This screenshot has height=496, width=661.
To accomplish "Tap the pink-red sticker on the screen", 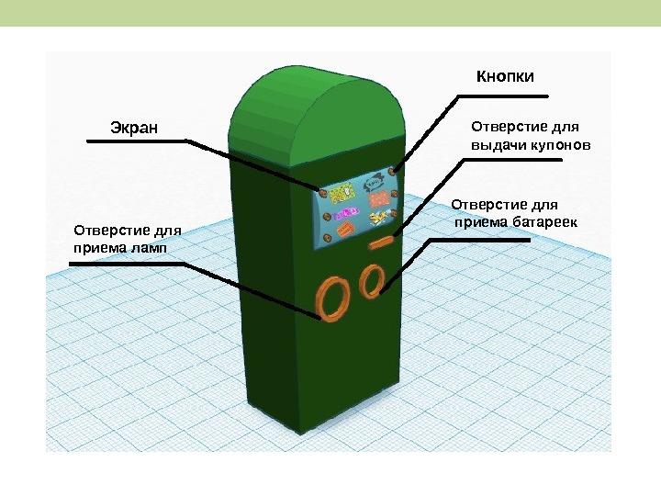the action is (x=376, y=197).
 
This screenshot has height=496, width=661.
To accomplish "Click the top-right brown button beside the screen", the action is (x=392, y=172).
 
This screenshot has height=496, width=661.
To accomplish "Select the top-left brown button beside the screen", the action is (x=322, y=191).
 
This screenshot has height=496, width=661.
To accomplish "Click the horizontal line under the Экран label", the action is (x=134, y=141).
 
